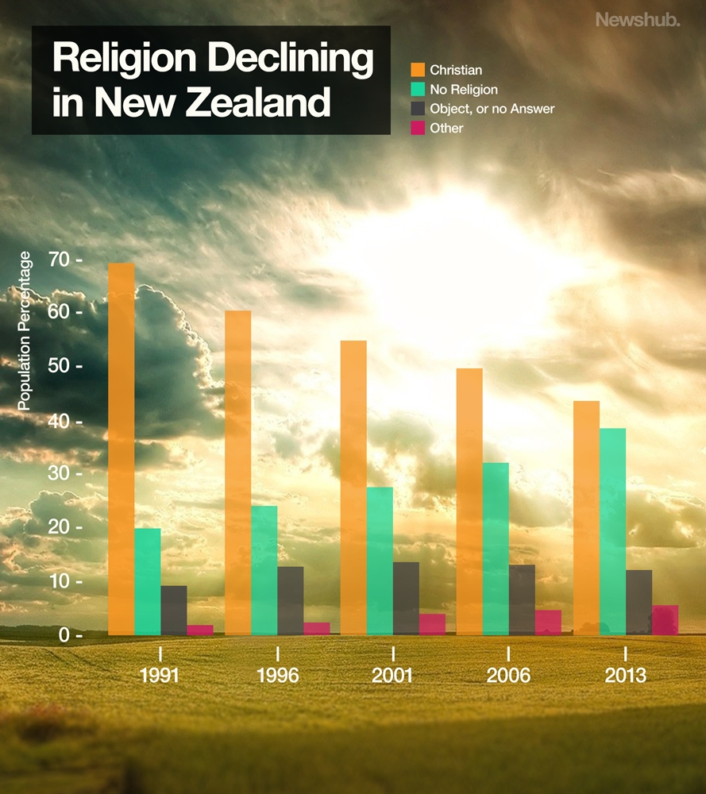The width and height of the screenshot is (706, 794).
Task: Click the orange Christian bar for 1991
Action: tap(122, 449)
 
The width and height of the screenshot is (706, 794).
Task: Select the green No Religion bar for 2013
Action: tap(612, 531)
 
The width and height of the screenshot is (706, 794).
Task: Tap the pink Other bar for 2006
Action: tap(548, 622)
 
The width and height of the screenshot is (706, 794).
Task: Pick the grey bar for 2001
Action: tap(406, 599)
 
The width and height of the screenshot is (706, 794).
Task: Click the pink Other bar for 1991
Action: tap(200, 630)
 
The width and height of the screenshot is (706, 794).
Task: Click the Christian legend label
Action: tap(456, 71)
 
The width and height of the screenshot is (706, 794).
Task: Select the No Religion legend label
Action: tap(464, 90)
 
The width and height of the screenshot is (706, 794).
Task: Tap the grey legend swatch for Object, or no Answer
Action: tap(418, 109)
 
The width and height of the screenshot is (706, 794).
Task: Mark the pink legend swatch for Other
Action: tap(418, 127)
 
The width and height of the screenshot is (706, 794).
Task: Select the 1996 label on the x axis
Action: tap(277, 676)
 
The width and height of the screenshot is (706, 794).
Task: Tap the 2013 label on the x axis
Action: tap(625, 676)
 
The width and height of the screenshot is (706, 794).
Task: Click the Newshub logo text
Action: tap(638, 20)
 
